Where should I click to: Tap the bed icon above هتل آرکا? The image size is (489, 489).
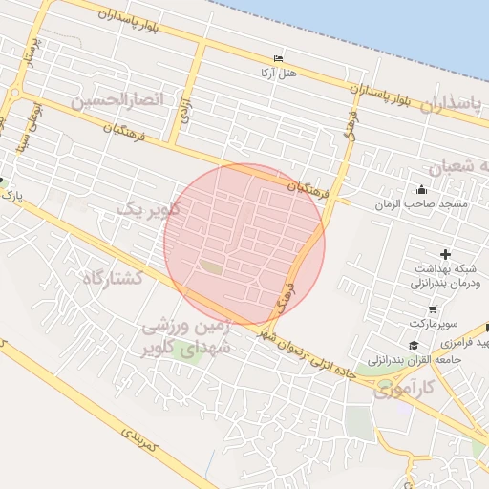279,58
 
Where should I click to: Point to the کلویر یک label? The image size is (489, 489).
148,209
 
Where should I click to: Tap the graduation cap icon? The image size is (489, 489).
414,345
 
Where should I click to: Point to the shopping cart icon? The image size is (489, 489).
433,308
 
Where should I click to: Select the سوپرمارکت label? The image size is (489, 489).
430,324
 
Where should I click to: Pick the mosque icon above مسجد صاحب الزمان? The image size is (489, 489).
421,189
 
